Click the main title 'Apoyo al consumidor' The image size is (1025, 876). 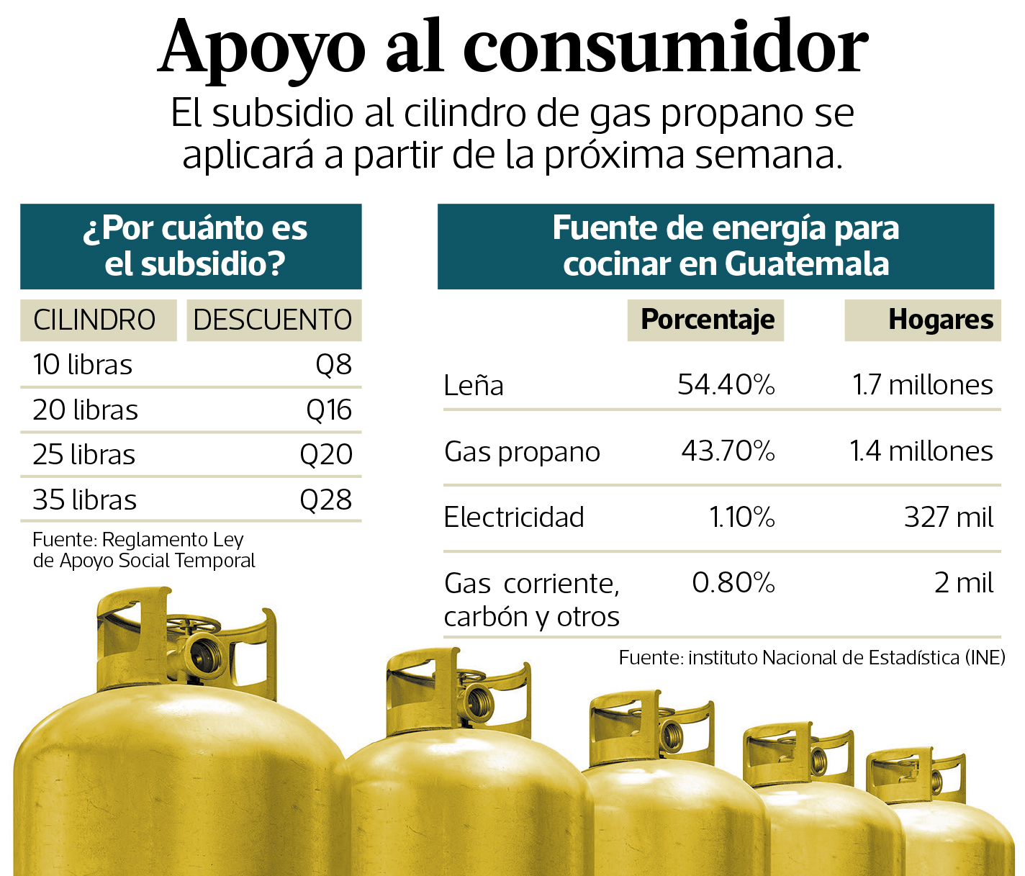tap(512, 47)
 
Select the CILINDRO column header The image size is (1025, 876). tap(94, 320)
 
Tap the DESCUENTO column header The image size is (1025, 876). tap(273, 320)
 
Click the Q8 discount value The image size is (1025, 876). tap(333, 365)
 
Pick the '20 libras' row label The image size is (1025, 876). tap(85, 410)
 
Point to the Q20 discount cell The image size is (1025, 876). tap(326, 455)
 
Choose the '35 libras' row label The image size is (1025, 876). tap(84, 500)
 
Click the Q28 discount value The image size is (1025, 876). tap(326, 500)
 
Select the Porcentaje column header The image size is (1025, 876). tap(708, 320)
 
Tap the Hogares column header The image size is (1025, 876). tap(940, 320)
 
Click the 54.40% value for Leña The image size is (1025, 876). tap(726, 385)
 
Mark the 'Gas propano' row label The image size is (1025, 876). tap(522, 452)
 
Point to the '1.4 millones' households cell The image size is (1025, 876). tap(921, 451)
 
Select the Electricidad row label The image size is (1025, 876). tap(514, 518)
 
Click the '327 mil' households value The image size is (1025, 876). tap(948, 518)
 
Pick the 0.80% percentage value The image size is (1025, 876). tap(733, 583)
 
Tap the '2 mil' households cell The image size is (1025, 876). tap(963, 583)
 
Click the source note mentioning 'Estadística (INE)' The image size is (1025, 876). tap(811, 658)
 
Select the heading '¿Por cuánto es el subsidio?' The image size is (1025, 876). tap(194, 246)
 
